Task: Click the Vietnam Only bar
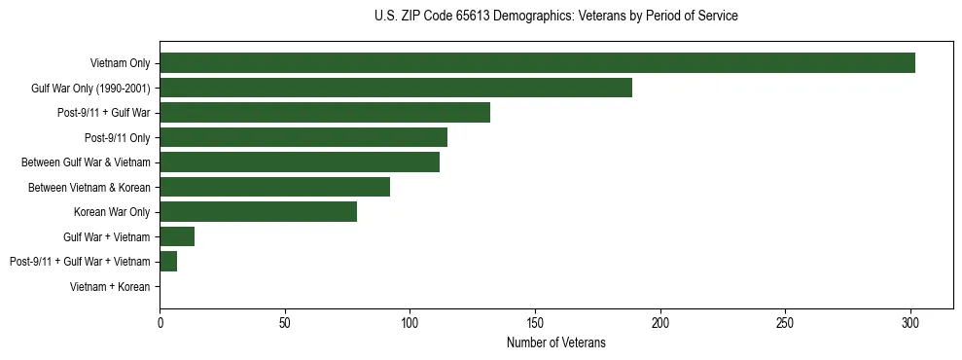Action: tap(537, 63)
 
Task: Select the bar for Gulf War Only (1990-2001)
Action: tap(396, 88)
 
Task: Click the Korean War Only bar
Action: tap(259, 211)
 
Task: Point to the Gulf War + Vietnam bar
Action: tap(177, 236)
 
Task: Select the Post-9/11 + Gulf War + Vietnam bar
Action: tap(168, 261)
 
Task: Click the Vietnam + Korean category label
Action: tap(110, 286)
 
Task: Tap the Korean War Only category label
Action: tap(112, 212)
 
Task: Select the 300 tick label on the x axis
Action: tap(910, 320)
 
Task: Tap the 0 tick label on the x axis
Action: tap(160, 320)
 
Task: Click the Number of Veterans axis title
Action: tap(555, 342)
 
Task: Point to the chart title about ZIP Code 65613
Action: tap(555, 17)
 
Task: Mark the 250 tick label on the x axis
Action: tap(785, 320)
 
